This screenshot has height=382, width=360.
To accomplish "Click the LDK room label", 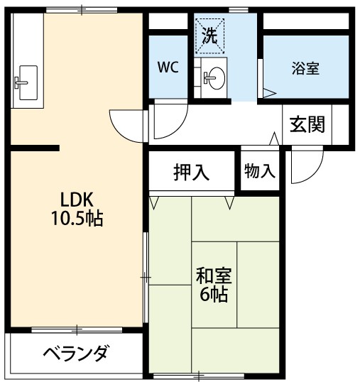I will coord(77,199).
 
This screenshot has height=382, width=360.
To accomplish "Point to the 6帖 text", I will coord(214,294).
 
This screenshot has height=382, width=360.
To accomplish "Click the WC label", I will coord(168,67).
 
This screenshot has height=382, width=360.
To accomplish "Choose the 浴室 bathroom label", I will coord(305,68).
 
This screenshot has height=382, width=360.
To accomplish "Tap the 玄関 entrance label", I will coord(307,125).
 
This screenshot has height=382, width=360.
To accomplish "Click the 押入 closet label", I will coord(192,172).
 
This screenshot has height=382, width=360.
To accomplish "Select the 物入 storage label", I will coord(259,170).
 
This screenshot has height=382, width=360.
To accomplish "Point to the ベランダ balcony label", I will coord(75,353).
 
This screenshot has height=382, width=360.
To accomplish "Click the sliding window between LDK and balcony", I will coord(77,329).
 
